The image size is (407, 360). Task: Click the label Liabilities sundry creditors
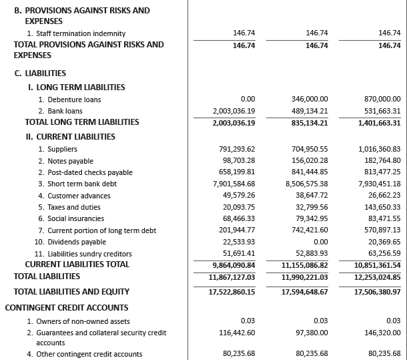[x=87, y=254]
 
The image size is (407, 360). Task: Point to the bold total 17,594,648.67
[x=304, y=292]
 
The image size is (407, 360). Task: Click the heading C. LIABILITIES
[x=40, y=73]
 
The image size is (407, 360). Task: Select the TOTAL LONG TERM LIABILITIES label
[x=82, y=122]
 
